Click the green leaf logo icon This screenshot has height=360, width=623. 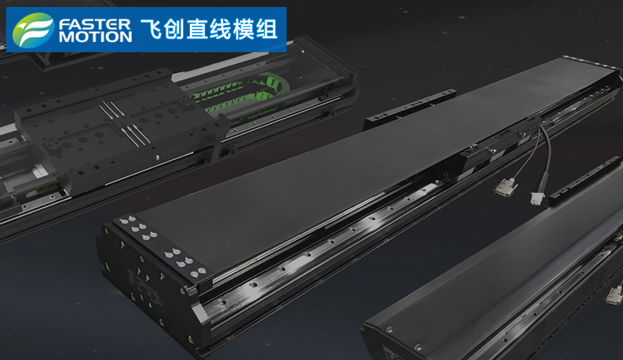[x=33, y=30]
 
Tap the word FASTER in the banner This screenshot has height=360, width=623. [x=94, y=25]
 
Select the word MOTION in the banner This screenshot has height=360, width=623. [x=95, y=37]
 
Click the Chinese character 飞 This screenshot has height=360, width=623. [x=151, y=30]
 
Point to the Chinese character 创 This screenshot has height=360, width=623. [x=174, y=30]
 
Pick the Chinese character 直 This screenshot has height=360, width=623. [x=198, y=30]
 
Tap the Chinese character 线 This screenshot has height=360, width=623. [x=220, y=30]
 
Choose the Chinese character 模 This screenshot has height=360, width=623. [x=244, y=30]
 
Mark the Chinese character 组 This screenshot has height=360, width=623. [x=266, y=30]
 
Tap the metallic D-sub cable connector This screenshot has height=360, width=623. [x=505, y=185]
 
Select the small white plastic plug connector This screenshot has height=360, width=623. [x=537, y=198]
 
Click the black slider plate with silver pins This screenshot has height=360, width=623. [x=119, y=127]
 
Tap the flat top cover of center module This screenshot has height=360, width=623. [x=357, y=159]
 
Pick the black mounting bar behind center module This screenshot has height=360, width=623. [x=410, y=108]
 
